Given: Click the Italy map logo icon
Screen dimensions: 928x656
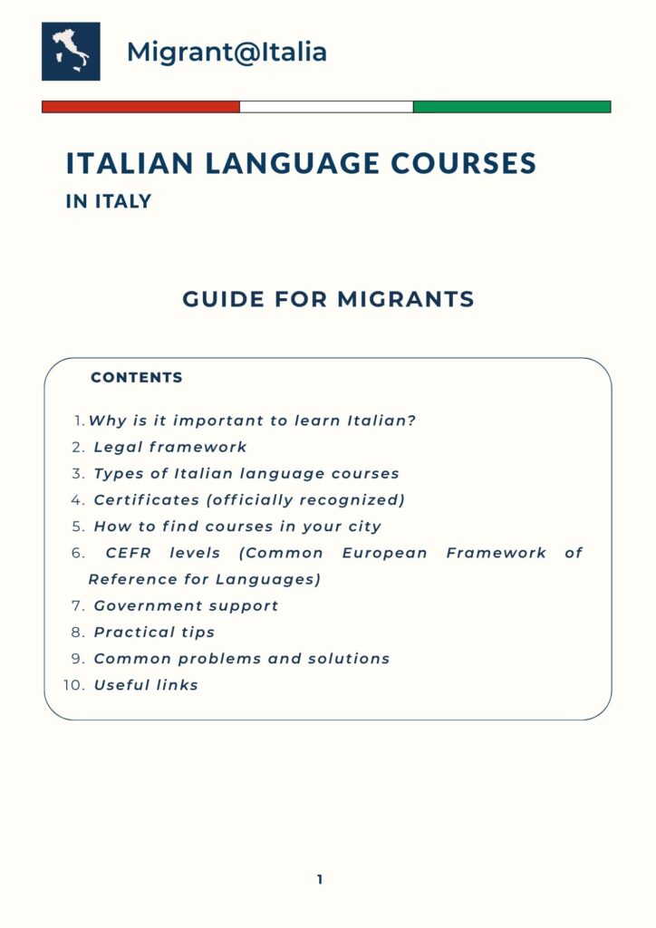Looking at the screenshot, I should pyautogui.click(x=71, y=52).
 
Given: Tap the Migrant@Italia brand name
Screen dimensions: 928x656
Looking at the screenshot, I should pyautogui.click(x=227, y=52).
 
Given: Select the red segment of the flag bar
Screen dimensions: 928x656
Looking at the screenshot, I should pyautogui.click(x=140, y=107).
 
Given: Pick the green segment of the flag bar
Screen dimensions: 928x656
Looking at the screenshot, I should pyautogui.click(x=512, y=107).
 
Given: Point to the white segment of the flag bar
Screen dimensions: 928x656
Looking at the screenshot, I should pyautogui.click(x=326, y=107).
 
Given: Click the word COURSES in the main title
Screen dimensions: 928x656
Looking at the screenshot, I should pyautogui.click(x=463, y=163).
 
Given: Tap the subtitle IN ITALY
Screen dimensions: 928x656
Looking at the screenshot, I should pyautogui.click(x=108, y=201).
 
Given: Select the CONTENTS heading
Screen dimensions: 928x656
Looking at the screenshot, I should pyautogui.click(x=137, y=377).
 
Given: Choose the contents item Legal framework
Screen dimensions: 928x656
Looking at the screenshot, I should pyautogui.click(x=170, y=447).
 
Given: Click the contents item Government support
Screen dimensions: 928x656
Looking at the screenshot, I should pyautogui.click(x=186, y=605).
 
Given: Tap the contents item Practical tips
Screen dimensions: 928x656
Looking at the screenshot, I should pyautogui.click(x=154, y=632).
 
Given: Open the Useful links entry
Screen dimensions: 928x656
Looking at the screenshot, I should pyautogui.click(x=146, y=685).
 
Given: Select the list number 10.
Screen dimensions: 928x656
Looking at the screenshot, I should pyautogui.click(x=73, y=685).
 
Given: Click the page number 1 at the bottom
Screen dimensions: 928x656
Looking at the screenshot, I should pyautogui.click(x=320, y=879).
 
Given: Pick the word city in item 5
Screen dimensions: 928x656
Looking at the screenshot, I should pyautogui.click(x=365, y=527).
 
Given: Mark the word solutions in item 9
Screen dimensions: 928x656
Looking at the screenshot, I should pyautogui.click(x=350, y=659).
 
